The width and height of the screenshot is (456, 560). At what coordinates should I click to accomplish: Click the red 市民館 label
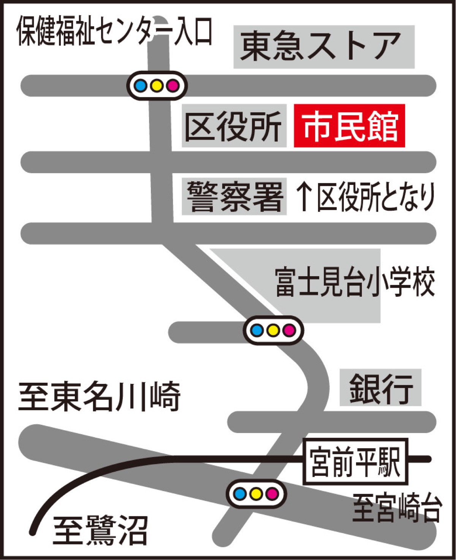349,126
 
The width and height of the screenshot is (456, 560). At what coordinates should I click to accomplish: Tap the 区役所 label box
234,126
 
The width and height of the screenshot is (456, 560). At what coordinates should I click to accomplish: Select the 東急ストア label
324,47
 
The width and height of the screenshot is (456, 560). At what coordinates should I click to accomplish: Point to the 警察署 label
234,196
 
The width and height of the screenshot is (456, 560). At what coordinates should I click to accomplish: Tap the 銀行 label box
380,387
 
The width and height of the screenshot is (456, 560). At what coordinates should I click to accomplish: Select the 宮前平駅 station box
355,461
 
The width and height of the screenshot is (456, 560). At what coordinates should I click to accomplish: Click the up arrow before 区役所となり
304,196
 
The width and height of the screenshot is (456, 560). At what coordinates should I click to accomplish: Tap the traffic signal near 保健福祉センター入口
157,86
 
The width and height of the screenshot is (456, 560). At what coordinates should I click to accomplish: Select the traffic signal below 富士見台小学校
274,330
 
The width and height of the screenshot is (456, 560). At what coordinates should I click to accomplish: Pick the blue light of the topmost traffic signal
141,86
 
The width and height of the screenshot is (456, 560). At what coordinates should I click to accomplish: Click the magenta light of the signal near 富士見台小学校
290,330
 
